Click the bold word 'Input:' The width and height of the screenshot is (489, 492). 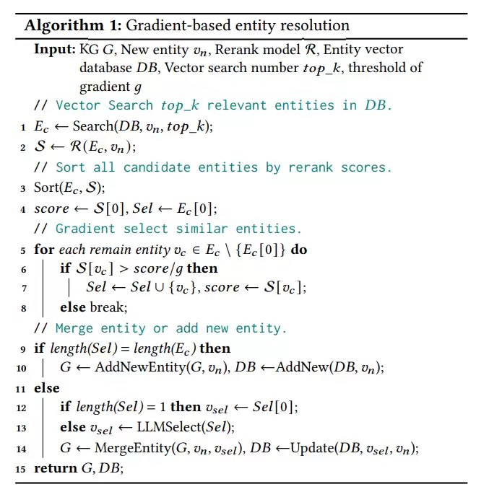[55, 49]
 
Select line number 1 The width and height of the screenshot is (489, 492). [24, 127]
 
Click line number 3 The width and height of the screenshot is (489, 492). [24, 188]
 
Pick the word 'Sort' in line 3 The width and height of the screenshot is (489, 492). [46, 188]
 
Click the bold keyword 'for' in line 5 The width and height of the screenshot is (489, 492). [43, 250]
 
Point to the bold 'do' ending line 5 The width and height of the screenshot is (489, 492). [298, 250]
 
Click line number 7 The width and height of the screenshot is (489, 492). [24, 288]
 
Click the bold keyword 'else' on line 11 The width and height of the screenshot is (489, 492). [47, 388]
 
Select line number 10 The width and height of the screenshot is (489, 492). [22, 368]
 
